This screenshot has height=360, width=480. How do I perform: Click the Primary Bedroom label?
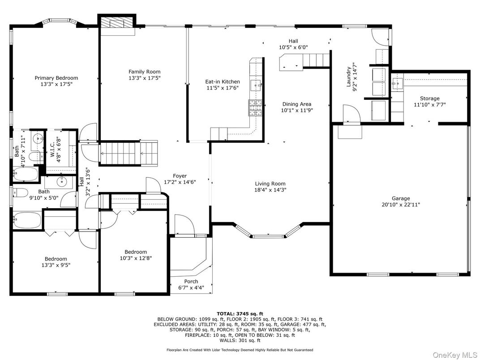pos(56,78)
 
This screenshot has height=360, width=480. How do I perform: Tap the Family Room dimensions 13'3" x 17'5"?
pos(144,78)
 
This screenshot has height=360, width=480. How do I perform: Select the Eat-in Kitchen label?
pos(223,81)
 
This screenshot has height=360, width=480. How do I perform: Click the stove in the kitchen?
pos(255,107)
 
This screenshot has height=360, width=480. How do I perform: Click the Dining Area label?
pos(296,104)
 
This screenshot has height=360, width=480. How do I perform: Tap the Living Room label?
pos(270,184)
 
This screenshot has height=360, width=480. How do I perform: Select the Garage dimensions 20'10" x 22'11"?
pos(400,205)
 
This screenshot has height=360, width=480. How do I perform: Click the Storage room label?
pos(429,99)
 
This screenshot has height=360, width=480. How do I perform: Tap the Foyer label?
pos(180,176)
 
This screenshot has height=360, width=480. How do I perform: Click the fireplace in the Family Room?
pos(117,24)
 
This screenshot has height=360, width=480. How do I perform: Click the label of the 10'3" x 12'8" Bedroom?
pos(135,252)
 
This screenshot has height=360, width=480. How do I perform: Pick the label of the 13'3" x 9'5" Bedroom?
pos(56,259)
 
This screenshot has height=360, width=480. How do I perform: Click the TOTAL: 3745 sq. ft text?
pos(240,313)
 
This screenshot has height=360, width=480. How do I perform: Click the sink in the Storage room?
pos(396,82)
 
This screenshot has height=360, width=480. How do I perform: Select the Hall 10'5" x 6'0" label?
pos(293,41)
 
